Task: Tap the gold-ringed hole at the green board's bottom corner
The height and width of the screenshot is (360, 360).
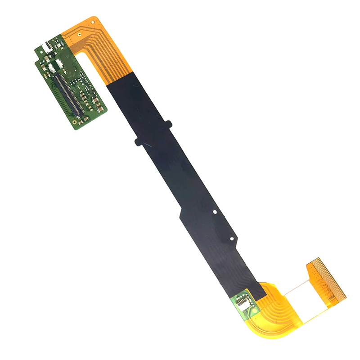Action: point(74,122)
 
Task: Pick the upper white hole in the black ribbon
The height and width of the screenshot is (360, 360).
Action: point(215,211)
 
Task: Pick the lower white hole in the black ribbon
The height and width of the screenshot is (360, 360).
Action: point(231,238)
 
